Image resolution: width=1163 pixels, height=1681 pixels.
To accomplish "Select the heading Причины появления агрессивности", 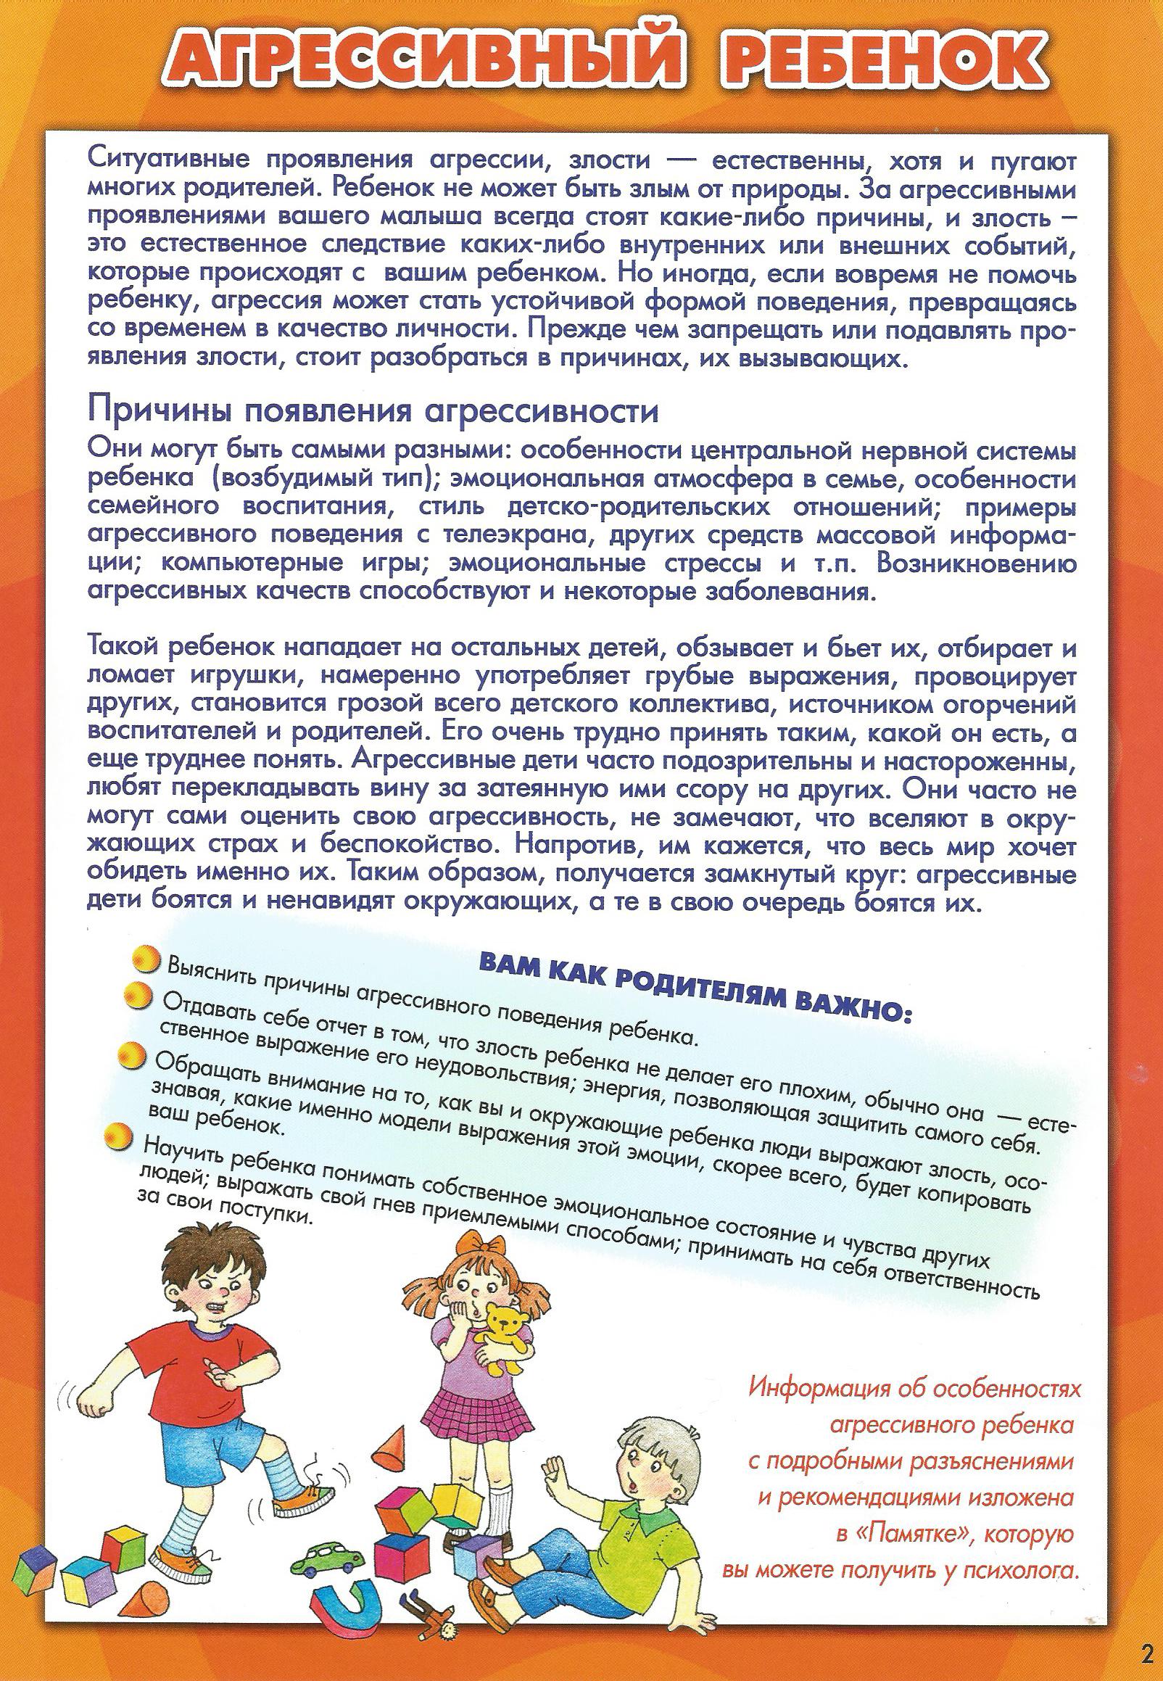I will click(x=373, y=412).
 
